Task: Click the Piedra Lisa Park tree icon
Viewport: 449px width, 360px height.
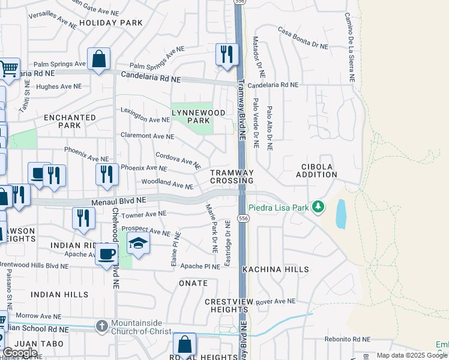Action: (x=318, y=207)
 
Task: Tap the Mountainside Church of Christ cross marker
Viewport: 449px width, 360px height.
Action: (x=102, y=326)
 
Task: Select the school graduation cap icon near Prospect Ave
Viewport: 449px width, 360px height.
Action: (x=138, y=243)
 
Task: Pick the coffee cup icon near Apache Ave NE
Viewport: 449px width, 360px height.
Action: (x=107, y=254)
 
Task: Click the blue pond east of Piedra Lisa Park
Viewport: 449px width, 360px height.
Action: (x=341, y=214)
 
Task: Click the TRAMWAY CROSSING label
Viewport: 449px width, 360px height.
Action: (x=232, y=176)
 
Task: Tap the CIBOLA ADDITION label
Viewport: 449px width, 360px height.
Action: (x=316, y=170)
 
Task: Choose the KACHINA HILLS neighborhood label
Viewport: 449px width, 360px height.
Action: (x=276, y=270)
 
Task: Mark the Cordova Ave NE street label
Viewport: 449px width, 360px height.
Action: (x=178, y=159)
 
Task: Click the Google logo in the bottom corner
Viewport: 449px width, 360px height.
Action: (x=20, y=353)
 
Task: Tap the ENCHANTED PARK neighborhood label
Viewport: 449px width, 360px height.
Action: (x=70, y=121)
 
